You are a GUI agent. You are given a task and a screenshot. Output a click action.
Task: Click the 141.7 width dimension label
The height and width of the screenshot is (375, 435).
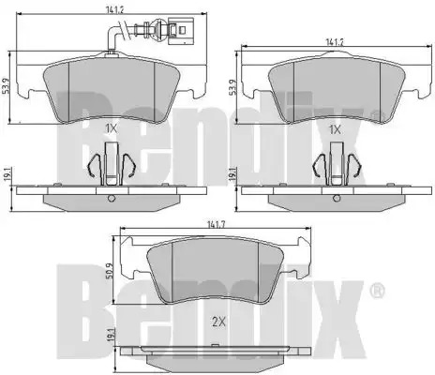pos(216,224)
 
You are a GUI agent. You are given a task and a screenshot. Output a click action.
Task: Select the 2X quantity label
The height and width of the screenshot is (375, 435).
pos(218,322)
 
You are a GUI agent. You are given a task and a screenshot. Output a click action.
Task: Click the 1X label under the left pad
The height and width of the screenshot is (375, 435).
pos(112,128)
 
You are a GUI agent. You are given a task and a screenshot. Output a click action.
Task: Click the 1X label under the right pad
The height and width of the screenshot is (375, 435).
pos(335,129)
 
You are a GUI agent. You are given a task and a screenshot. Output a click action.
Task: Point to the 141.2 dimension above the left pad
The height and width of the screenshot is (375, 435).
pos(114,9)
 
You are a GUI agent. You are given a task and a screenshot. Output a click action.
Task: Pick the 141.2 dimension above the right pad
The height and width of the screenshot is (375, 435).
pos(335,42)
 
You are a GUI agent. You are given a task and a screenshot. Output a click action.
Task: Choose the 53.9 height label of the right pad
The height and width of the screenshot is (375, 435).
pos(232,87)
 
